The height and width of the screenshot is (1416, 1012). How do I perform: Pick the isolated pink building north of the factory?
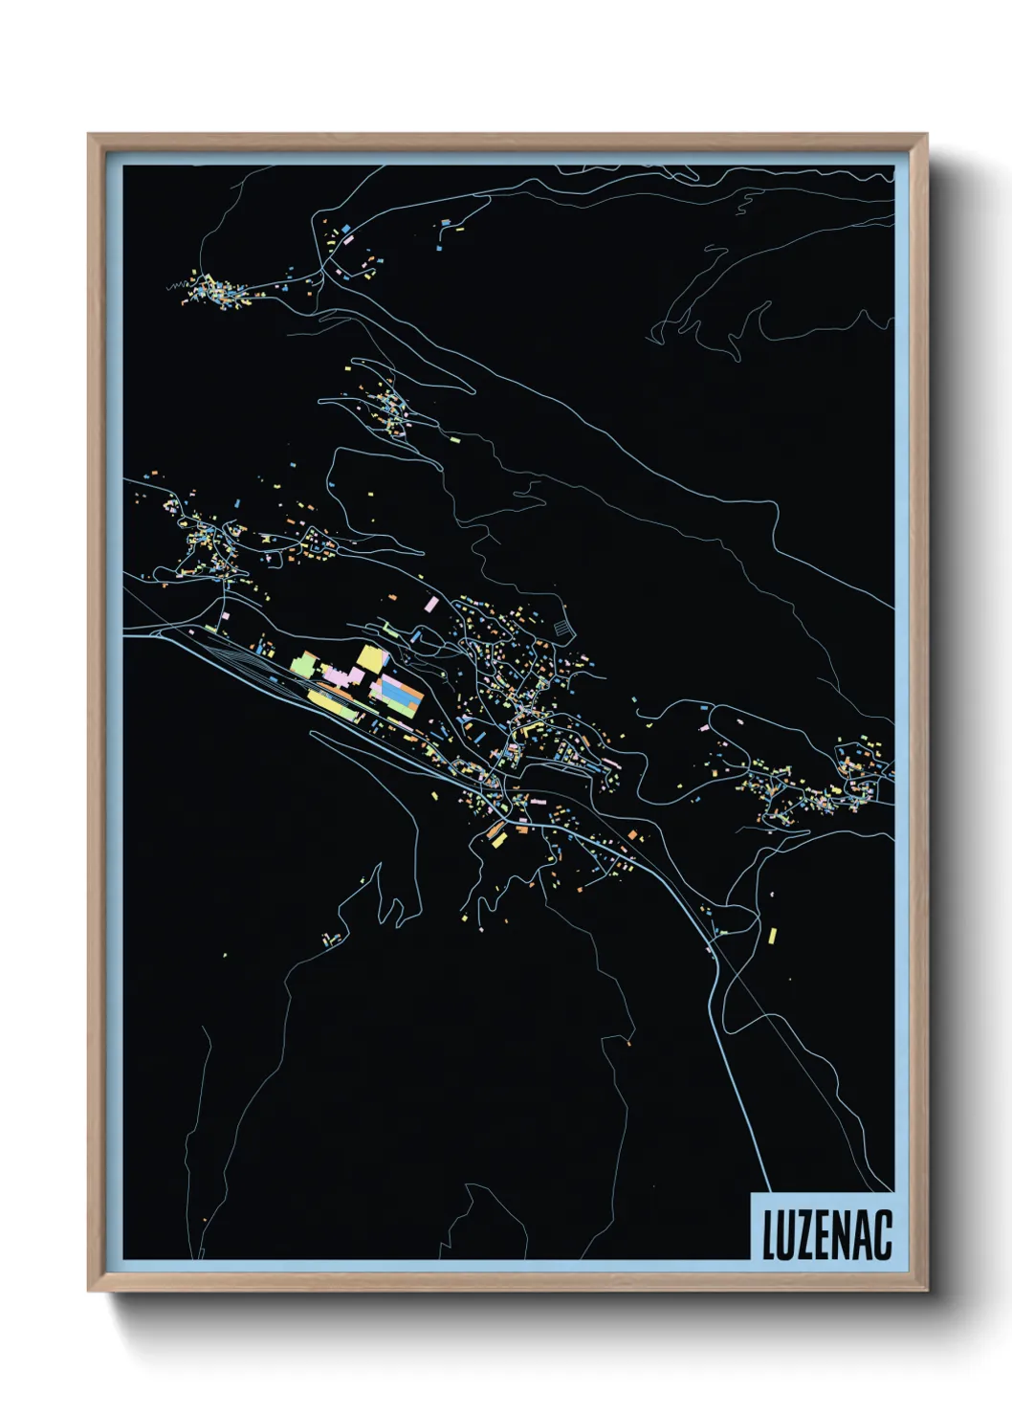[430, 604]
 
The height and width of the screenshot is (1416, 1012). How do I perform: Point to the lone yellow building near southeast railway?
[772, 935]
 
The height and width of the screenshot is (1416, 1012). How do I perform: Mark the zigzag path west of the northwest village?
[175, 285]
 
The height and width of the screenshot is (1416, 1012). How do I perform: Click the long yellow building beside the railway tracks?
[330, 705]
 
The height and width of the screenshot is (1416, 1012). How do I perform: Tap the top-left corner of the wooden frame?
[89, 135]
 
